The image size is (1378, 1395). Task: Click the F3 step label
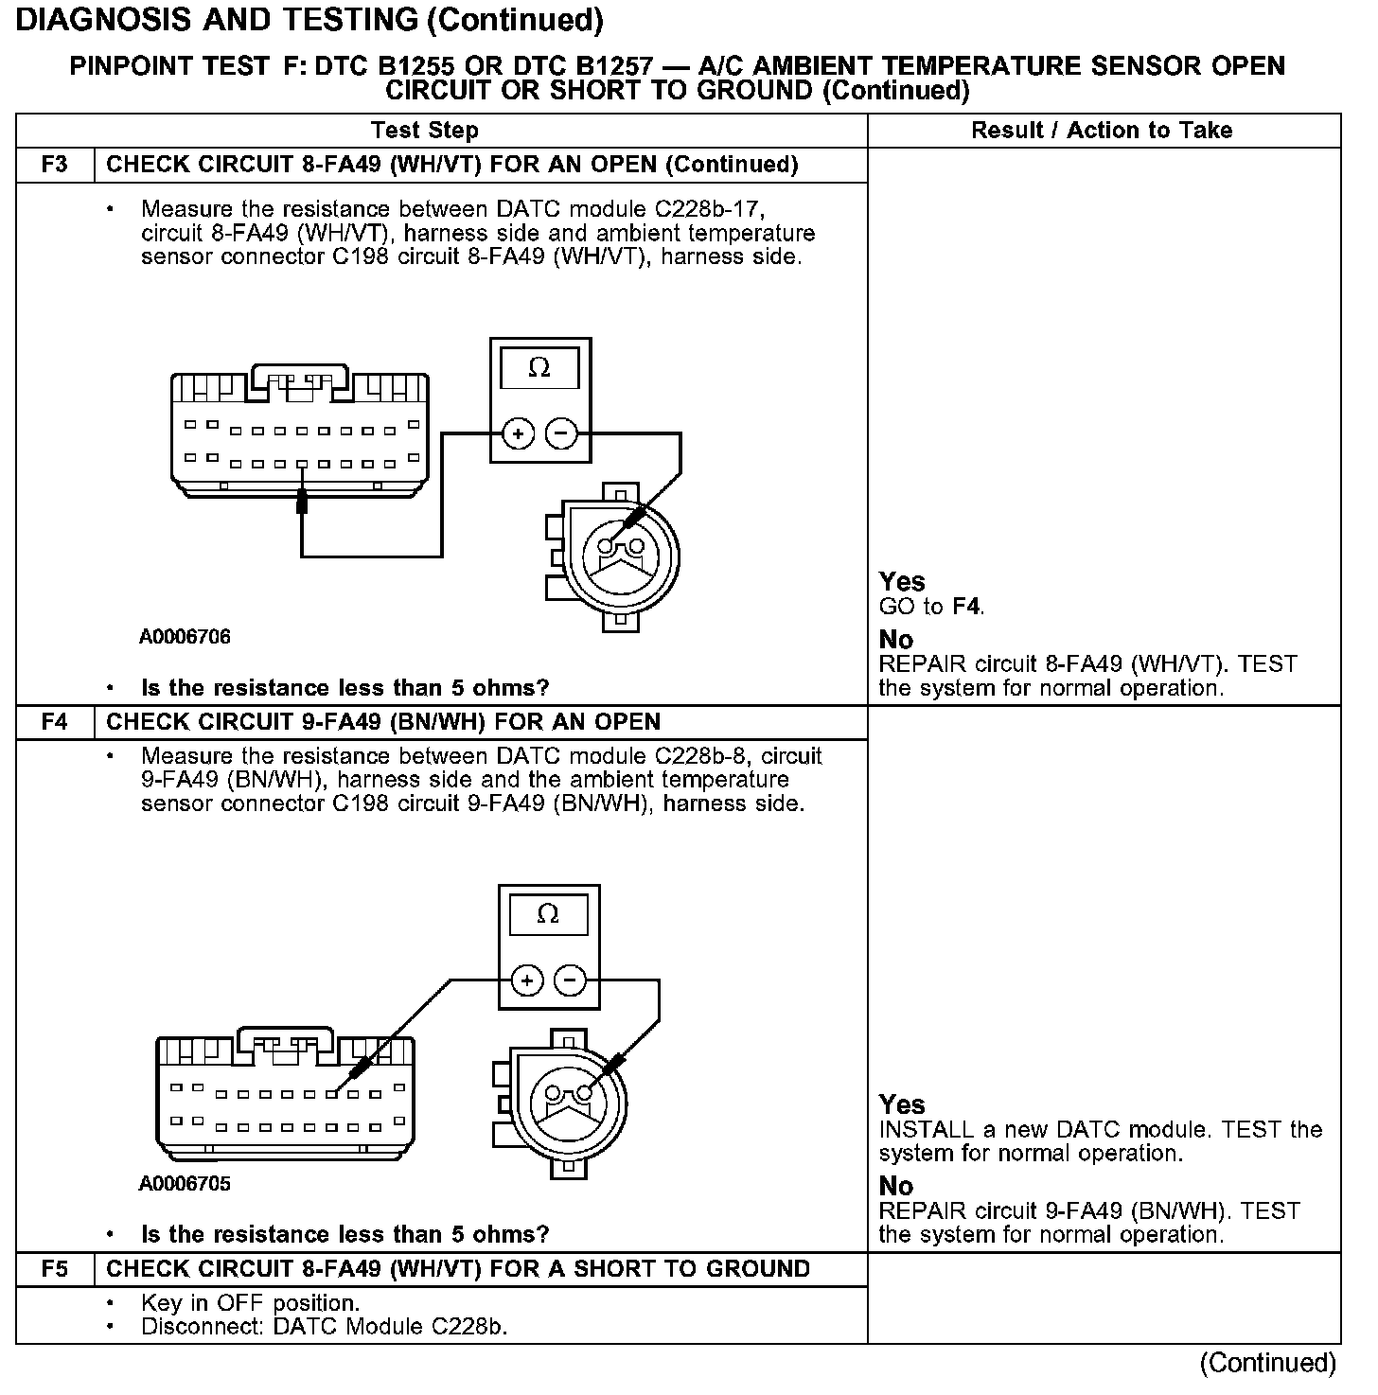coord(55,165)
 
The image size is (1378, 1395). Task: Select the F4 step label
coord(55,722)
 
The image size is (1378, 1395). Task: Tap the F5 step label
coord(55,1269)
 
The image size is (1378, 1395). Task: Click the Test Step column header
coord(425,131)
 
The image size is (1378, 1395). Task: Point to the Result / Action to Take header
coord(1102,131)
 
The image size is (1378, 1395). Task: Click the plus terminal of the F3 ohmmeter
coord(517,434)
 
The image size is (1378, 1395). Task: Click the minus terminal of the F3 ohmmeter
coord(562,434)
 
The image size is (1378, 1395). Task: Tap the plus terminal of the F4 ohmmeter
coord(526,980)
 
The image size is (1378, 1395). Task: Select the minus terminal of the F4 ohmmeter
coord(571,980)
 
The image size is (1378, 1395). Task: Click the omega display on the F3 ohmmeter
coord(539,368)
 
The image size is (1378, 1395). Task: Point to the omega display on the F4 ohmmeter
coord(548,914)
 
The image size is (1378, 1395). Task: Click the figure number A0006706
coord(185,637)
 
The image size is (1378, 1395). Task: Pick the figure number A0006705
coord(185,1184)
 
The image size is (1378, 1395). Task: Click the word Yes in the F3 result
coord(902,581)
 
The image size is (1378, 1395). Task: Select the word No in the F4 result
coord(896,1186)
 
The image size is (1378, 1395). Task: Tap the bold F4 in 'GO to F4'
coord(966,607)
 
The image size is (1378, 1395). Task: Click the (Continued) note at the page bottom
coord(1268,1363)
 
